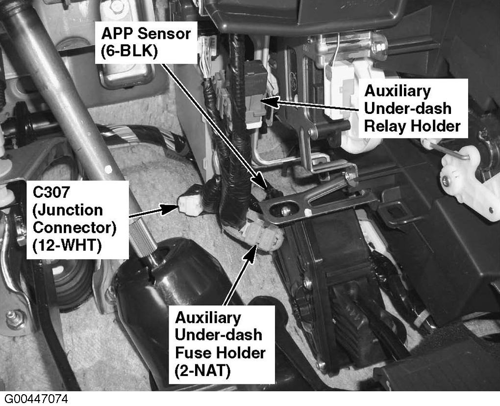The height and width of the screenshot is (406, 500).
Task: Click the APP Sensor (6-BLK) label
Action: [147, 43]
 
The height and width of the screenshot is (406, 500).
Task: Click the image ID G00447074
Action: [36, 399]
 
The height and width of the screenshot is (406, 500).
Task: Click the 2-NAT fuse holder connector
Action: [262, 236]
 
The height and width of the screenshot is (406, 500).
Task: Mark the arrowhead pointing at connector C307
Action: [170, 209]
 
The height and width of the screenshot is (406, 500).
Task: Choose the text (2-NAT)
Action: [202, 371]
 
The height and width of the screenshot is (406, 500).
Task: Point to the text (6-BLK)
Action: [129, 51]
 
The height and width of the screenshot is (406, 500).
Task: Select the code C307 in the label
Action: [51, 192]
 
